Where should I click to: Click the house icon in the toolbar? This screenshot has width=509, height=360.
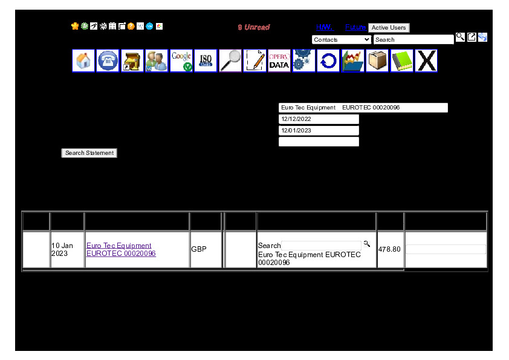[83, 61]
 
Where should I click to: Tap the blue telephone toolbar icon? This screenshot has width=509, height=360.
[108, 61]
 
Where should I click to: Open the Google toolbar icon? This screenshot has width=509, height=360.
[181, 61]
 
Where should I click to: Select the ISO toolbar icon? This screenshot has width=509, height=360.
[206, 61]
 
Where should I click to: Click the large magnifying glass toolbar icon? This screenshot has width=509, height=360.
[230, 61]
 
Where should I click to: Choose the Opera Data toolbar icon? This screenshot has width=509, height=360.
[279, 61]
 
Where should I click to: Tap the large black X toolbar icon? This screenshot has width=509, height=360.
[426, 61]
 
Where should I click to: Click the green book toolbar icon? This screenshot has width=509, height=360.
[401, 61]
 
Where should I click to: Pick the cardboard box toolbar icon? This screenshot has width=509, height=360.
[377, 61]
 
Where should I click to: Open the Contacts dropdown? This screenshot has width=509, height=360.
[342, 40]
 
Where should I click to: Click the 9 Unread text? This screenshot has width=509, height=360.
[254, 27]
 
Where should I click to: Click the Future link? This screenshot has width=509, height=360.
[355, 27]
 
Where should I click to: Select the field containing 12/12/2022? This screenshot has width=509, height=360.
[319, 119]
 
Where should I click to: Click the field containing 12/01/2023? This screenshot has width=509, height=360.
[319, 131]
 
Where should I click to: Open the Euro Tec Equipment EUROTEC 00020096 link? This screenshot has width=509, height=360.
[121, 250]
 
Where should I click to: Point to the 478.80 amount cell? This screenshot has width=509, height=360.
[389, 249]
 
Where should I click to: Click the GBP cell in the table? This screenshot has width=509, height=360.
[199, 249]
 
